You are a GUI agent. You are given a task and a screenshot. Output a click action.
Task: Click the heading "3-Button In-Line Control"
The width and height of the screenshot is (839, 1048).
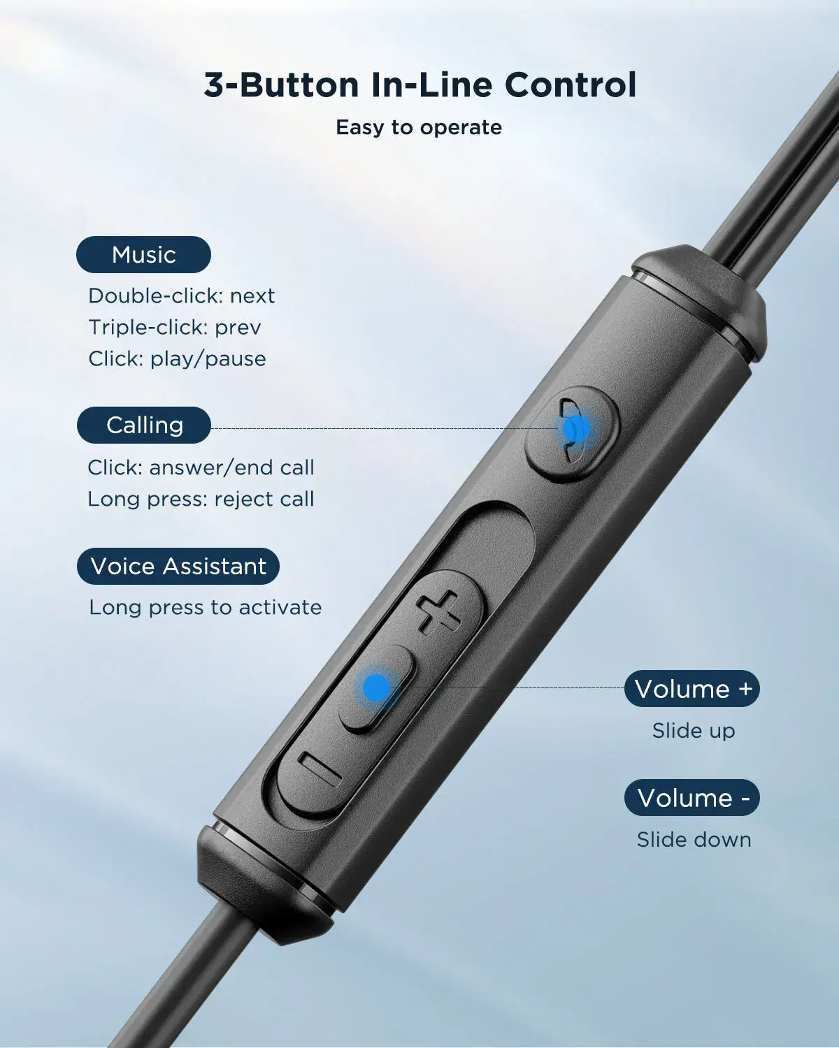419,85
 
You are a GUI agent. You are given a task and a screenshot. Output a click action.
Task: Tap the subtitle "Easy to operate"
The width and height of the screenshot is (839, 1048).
418,127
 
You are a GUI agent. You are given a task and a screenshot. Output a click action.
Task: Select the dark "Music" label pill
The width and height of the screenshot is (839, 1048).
143,254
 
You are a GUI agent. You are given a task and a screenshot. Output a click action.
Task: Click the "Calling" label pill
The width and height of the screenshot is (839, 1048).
144,425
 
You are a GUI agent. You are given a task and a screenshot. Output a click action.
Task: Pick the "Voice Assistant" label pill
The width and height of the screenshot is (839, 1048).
178,566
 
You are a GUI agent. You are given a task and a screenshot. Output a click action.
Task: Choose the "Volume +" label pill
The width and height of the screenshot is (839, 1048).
692,689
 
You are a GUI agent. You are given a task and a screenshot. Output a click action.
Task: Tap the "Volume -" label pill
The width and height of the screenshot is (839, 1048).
692,798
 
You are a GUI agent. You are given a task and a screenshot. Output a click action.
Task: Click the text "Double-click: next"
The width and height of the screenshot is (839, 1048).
181,296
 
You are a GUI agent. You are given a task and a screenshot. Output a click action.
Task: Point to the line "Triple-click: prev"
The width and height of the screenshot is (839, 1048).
174,327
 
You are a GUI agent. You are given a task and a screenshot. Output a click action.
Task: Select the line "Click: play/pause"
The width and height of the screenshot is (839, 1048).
177,358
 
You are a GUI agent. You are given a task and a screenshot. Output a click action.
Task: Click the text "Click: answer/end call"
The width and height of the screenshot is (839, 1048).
201,467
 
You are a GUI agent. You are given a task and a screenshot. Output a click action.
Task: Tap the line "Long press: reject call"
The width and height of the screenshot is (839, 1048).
201,499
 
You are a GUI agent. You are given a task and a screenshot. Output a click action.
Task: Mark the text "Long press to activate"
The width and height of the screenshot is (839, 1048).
205,607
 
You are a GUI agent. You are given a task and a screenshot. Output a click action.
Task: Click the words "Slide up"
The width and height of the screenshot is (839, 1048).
693,731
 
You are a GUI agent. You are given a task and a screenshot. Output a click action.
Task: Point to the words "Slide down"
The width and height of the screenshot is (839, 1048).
694,839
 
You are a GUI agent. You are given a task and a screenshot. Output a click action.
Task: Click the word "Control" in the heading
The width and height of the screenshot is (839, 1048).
570,85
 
